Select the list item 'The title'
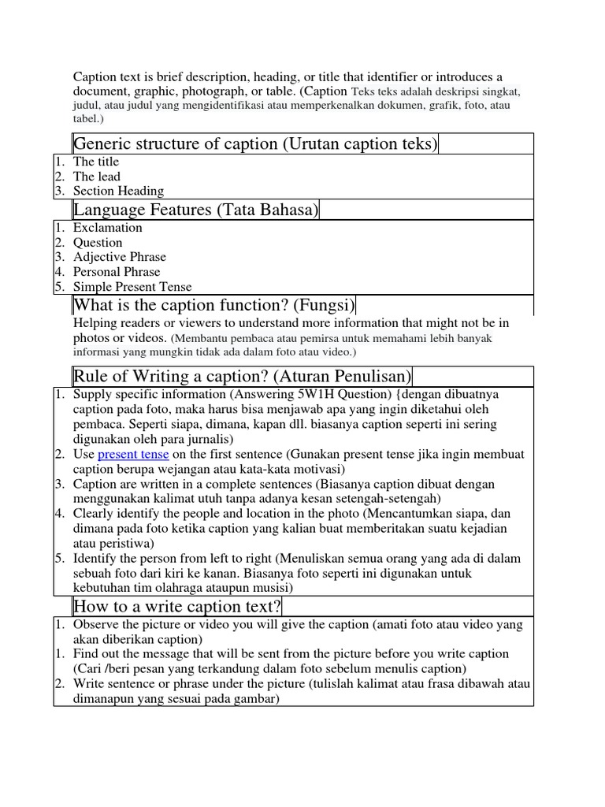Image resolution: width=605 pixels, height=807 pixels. [x=96, y=162]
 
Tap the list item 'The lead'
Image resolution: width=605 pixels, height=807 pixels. [x=97, y=177]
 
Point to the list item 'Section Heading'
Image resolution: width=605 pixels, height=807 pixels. [x=118, y=191]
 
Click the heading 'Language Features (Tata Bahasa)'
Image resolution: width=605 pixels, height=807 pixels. [x=195, y=209]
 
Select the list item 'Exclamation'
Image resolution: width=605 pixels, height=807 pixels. [x=108, y=228]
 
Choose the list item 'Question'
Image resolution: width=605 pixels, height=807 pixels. [x=98, y=243]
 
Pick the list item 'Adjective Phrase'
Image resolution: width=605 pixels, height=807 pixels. [x=120, y=257]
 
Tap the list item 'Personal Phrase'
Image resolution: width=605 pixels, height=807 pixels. [x=117, y=272]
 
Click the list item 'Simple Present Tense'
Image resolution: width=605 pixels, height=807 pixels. [x=132, y=287]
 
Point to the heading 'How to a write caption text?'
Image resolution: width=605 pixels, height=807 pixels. [x=177, y=605]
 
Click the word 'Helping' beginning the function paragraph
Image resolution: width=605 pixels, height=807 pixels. [x=94, y=323]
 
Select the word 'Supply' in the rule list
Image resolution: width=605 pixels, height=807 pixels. [x=91, y=394]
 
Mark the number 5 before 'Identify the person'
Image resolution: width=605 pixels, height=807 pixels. [x=58, y=558]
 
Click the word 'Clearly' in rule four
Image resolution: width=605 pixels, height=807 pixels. [x=93, y=513]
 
